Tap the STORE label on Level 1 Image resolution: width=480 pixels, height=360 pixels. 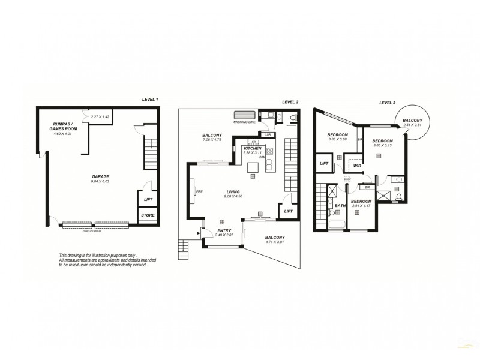[147, 215]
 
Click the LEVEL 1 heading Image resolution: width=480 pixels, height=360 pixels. [150, 98]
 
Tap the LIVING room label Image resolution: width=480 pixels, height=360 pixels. [233, 192]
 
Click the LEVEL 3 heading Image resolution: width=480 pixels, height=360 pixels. [388, 103]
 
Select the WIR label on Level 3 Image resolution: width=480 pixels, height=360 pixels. [356, 166]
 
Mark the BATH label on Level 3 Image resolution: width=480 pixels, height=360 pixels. [340, 206]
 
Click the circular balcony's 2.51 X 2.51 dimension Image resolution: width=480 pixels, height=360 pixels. [412, 125]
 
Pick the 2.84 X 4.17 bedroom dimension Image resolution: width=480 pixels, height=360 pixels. [361, 206]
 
